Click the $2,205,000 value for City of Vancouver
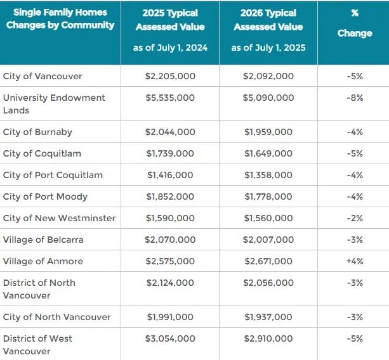pos(170,76)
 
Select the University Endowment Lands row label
pos(54,104)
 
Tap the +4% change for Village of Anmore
pos(355,261)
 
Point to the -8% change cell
pos(355,98)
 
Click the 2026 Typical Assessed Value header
pos(268,20)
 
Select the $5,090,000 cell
pos(268,98)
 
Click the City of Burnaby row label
pos(37,132)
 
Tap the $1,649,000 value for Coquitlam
pos(268,153)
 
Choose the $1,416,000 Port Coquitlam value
pos(170,175)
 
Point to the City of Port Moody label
pos(45,196)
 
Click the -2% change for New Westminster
pos(355,218)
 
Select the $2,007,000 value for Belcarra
pos(268,240)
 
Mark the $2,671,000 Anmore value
pos(268,261)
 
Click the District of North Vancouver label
pos(39,289)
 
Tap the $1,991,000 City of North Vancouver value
pos(170,317)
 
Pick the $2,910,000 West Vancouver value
pos(268,338)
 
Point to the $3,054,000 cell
pos(170,338)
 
